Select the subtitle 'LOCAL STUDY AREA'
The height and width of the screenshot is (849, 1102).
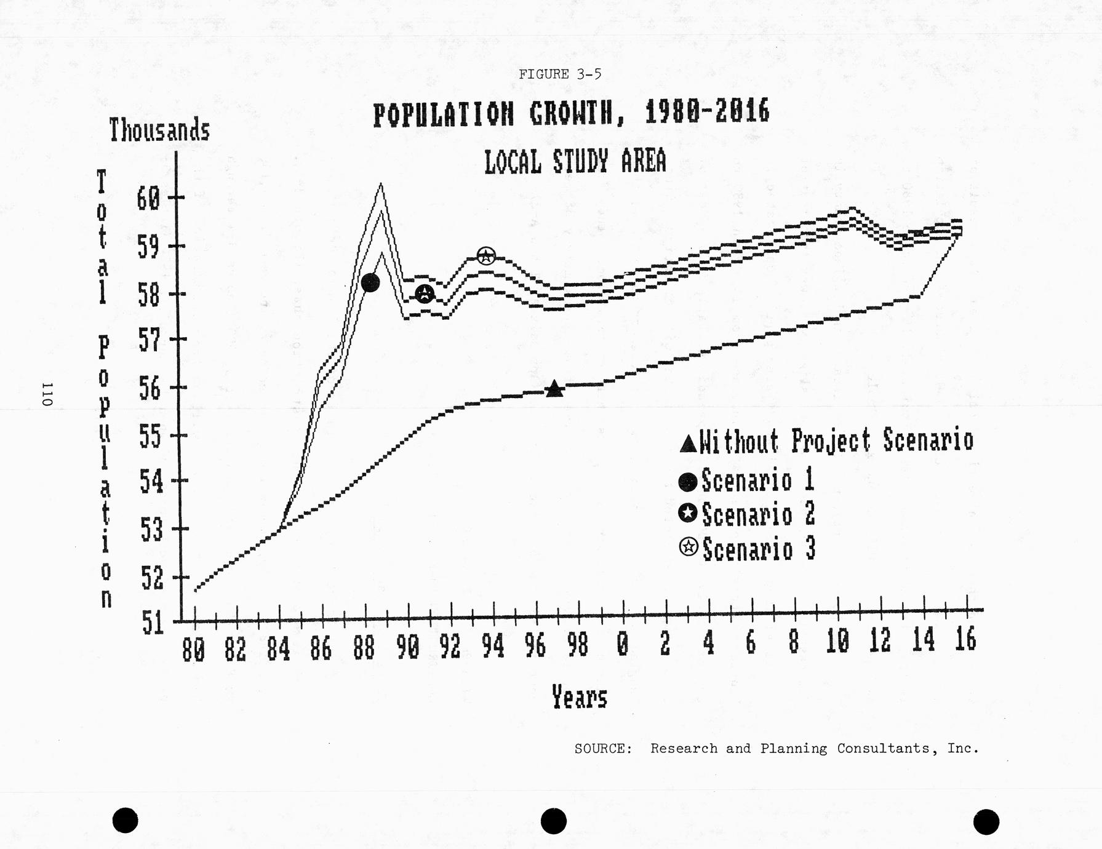click(x=575, y=161)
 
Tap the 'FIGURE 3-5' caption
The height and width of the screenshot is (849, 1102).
click(x=559, y=74)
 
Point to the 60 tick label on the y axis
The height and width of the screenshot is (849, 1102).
click(x=148, y=199)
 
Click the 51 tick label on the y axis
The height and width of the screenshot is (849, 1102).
click(x=153, y=623)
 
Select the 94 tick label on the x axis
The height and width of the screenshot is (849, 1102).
click(x=493, y=647)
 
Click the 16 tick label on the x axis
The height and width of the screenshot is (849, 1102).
click(x=965, y=640)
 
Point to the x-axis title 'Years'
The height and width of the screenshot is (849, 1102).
click(x=579, y=698)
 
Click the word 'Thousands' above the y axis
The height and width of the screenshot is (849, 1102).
click(x=159, y=130)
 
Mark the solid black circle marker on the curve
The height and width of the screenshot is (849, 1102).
click(x=370, y=282)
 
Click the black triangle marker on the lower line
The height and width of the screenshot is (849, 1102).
click(x=554, y=389)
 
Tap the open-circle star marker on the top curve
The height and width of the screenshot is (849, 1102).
click(x=486, y=255)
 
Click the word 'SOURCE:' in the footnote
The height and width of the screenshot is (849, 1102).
click(x=603, y=749)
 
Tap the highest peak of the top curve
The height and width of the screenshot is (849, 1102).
click(x=381, y=184)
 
